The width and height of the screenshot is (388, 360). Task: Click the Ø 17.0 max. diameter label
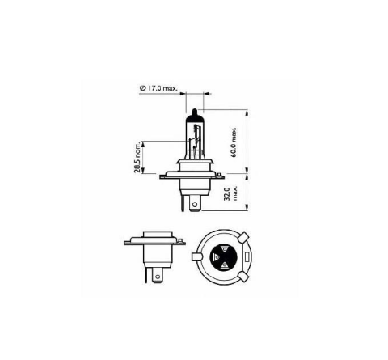(158, 88)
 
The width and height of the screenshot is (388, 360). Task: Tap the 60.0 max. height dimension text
(234, 142)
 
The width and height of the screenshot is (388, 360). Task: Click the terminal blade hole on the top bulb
(193, 205)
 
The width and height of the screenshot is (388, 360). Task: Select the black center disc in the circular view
(224, 258)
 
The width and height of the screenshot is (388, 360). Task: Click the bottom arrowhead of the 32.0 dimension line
(252, 212)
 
